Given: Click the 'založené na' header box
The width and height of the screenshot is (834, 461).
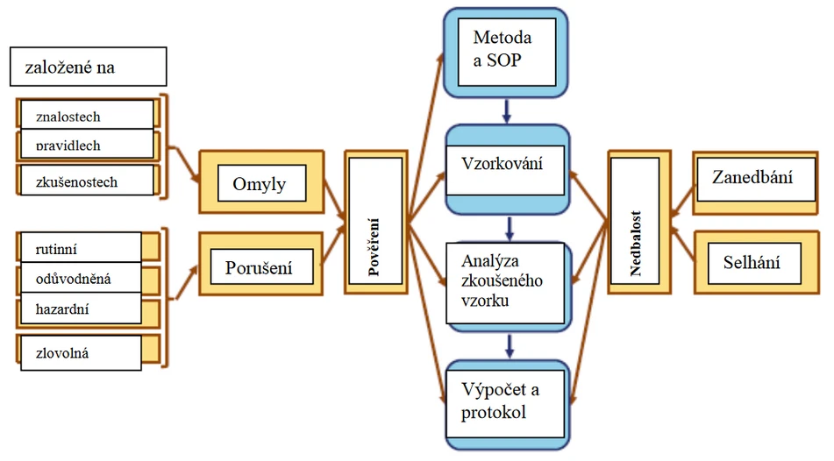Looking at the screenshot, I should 88,66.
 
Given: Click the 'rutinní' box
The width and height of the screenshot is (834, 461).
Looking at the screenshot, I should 81,248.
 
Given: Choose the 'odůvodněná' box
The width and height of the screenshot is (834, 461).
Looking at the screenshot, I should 81,279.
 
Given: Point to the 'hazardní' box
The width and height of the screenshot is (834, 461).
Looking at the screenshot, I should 81,308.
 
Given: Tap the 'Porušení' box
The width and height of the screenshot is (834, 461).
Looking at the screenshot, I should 261,266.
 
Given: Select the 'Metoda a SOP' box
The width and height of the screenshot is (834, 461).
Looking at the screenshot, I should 507,52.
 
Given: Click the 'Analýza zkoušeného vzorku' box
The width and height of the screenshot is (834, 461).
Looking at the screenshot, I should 507,280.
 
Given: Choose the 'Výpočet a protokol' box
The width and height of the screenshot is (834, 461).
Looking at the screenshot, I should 507,402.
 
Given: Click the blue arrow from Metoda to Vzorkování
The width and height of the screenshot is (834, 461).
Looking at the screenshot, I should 507,111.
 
